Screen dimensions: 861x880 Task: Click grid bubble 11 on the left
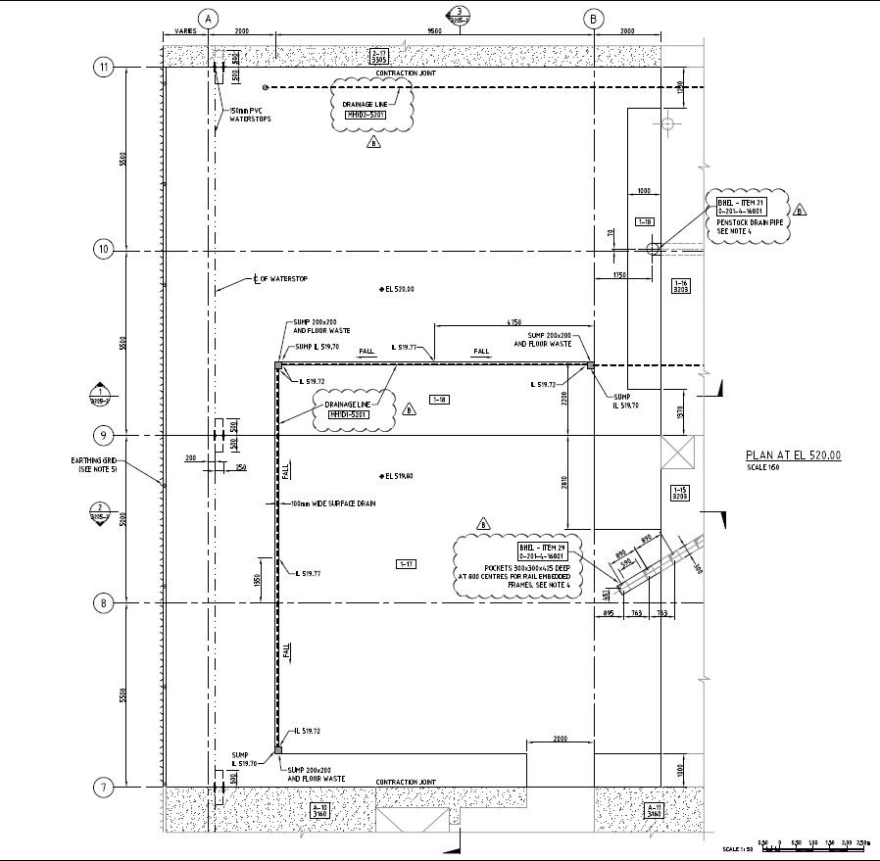pyautogui.click(x=103, y=67)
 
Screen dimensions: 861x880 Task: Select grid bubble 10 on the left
pyautogui.click(x=103, y=249)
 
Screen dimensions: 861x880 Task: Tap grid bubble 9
pyautogui.click(x=103, y=434)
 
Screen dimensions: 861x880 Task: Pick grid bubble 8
pyautogui.click(x=103, y=602)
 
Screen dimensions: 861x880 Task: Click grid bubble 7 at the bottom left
pyautogui.click(x=103, y=787)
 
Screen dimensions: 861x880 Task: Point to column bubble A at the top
pyautogui.click(x=207, y=18)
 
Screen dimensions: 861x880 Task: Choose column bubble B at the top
pyautogui.click(x=594, y=18)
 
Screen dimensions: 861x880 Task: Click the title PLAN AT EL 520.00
pyautogui.click(x=793, y=455)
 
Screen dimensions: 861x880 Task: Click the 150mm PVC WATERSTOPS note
pyautogui.click(x=250, y=115)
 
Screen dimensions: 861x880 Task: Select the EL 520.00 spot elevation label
pyautogui.click(x=399, y=289)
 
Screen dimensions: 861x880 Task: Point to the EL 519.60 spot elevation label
pyautogui.click(x=399, y=476)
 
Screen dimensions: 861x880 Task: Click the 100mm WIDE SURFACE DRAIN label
pyautogui.click(x=334, y=503)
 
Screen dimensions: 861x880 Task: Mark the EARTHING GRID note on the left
pyautogui.click(x=93, y=464)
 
